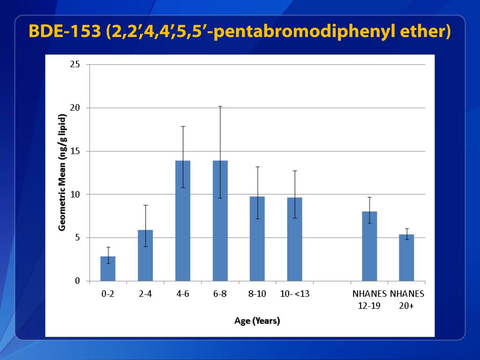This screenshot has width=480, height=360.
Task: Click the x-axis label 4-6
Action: click(182, 294)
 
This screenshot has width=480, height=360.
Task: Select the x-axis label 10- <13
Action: click(295, 294)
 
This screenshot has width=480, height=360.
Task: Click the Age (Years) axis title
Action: click(257, 321)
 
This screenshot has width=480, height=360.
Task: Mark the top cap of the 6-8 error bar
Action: click(220, 107)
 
